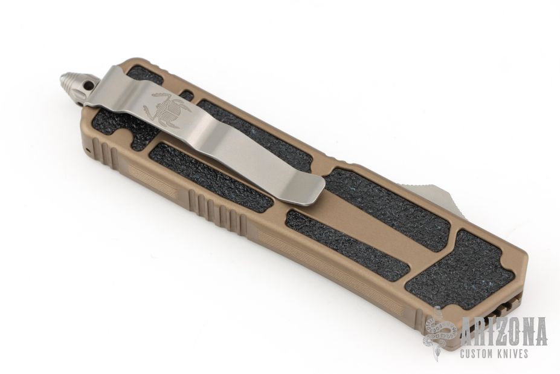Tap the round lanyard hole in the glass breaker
coord(87,86)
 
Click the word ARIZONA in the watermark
coord(504,330)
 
